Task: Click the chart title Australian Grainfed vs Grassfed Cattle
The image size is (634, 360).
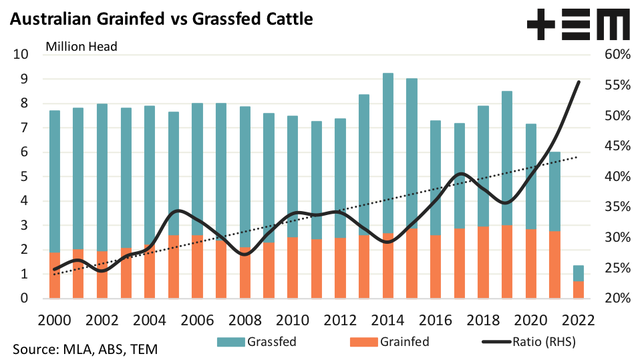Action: [x=161, y=19]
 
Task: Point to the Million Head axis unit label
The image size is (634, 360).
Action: [x=81, y=47]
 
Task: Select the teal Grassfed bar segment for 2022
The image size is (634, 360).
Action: [x=578, y=273]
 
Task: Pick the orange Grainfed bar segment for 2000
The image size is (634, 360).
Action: [x=55, y=275]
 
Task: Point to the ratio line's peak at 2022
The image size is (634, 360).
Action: [x=579, y=81]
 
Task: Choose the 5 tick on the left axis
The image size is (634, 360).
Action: [x=23, y=176]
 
